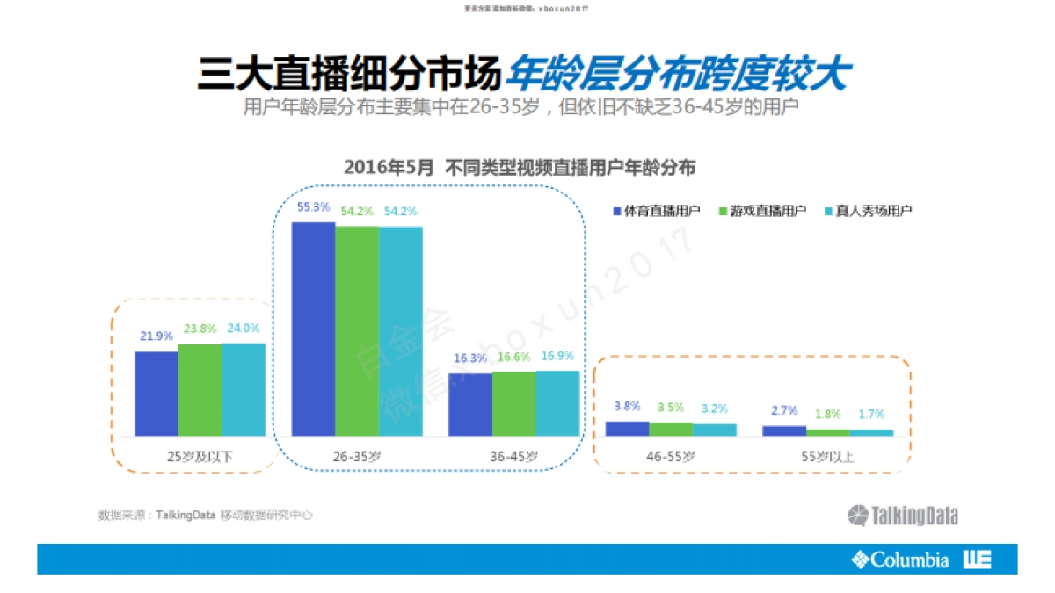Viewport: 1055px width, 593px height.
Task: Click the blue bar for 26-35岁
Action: tap(313, 329)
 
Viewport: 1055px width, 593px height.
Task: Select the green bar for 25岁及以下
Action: tap(200, 390)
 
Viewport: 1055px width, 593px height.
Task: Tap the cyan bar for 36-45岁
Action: tap(557, 403)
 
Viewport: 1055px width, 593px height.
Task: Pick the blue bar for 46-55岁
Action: tap(627, 429)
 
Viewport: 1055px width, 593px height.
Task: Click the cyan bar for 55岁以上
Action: tap(871, 432)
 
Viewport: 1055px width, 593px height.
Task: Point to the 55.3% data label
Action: tap(313, 207)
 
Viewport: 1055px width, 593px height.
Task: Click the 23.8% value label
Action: tap(200, 329)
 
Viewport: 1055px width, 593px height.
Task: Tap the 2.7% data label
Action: tap(783, 410)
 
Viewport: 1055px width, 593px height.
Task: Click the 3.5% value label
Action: tap(671, 408)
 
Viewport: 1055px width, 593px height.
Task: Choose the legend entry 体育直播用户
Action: tap(656, 211)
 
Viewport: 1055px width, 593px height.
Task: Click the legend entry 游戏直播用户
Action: tap(762, 211)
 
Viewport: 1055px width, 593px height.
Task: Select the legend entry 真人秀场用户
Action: tap(869, 211)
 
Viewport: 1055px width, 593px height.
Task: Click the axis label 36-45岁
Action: tap(514, 457)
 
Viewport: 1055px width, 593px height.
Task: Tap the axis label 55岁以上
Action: tap(827, 457)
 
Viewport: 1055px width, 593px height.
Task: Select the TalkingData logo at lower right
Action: tap(903, 516)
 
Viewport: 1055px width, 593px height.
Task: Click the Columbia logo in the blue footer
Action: tap(900, 559)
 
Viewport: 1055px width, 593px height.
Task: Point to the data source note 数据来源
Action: tap(205, 516)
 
